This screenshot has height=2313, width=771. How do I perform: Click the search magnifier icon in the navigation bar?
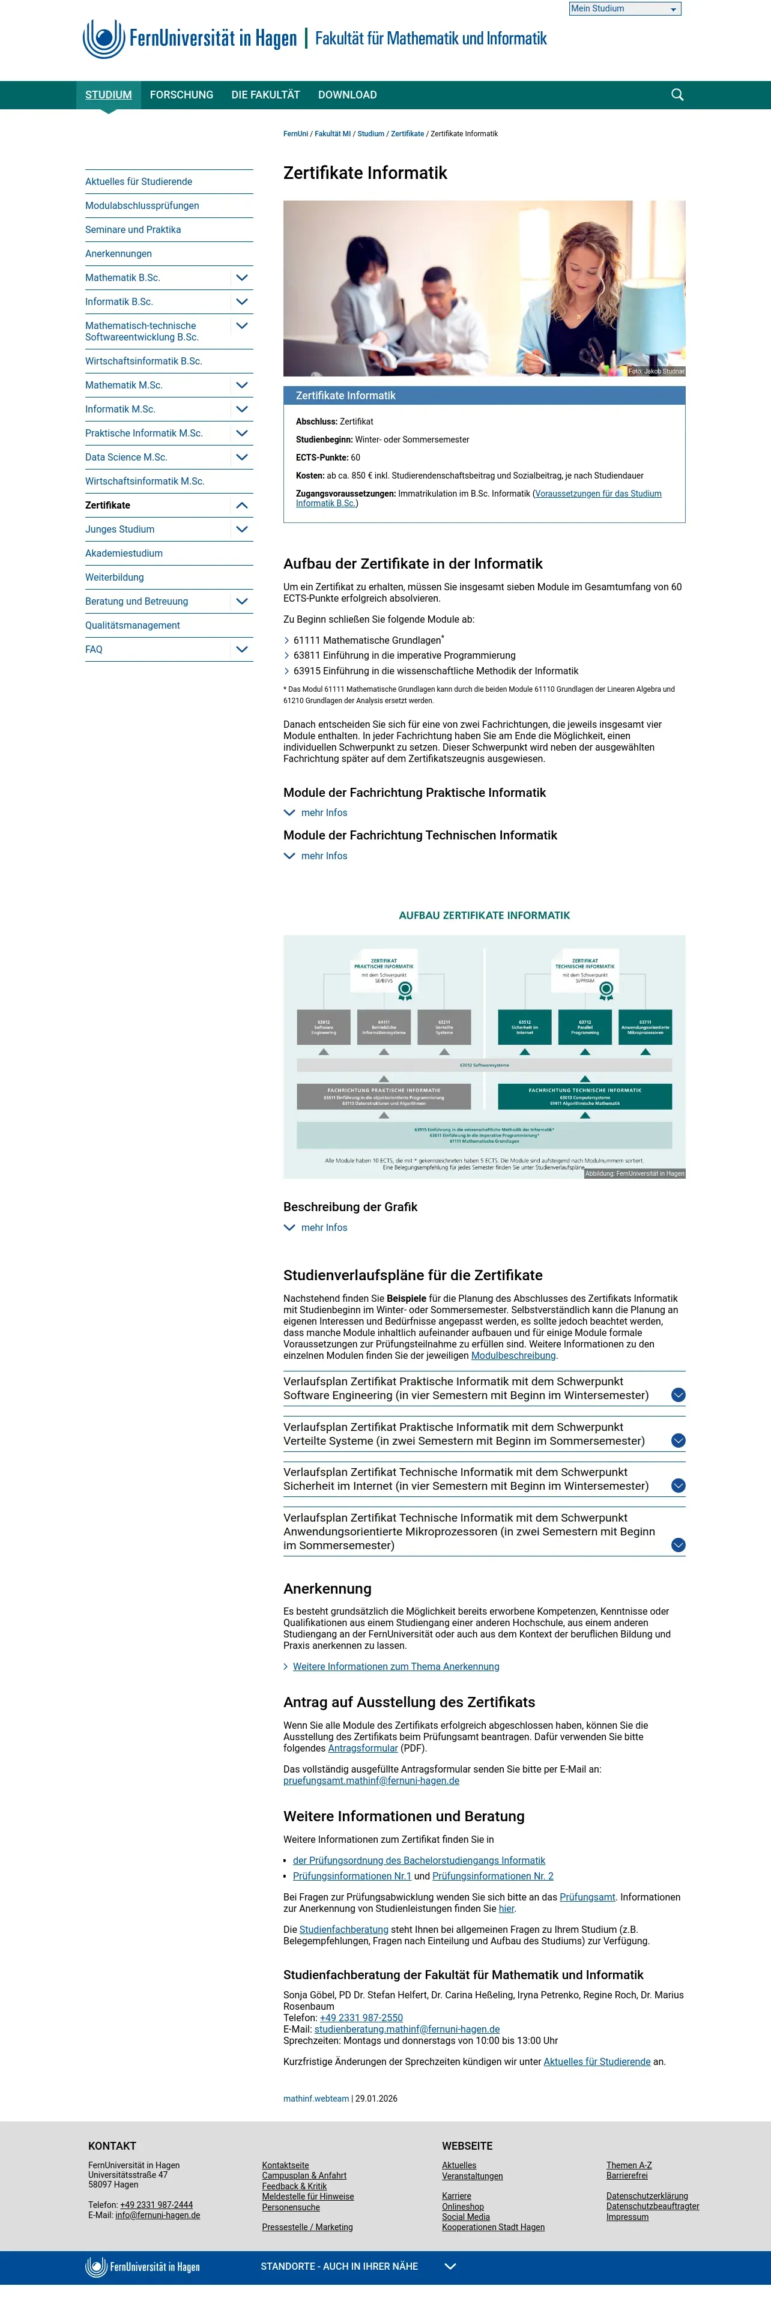(678, 94)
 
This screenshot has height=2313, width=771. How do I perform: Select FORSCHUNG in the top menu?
(181, 94)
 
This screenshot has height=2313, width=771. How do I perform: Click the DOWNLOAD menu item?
(347, 94)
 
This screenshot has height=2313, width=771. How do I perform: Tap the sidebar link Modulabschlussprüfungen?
(142, 205)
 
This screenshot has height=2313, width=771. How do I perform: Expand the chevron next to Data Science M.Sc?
(241, 457)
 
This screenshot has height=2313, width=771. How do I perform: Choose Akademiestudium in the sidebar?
(124, 553)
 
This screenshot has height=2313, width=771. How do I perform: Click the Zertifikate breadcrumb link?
(408, 134)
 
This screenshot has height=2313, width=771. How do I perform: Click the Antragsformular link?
(363, 1748)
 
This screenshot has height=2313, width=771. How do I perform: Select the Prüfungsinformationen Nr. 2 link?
(493, 1876)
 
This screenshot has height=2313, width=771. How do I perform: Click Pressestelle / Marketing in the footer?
(307, 2227)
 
